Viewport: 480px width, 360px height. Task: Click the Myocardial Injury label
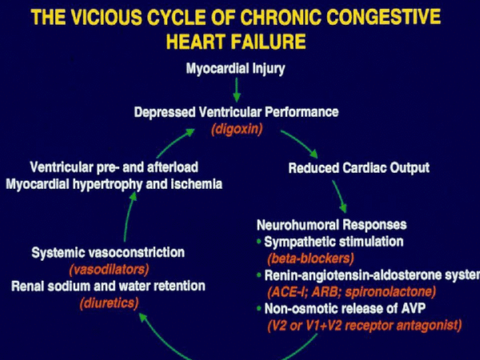tap(235, 69)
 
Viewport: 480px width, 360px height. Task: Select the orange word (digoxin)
tap(237, 129)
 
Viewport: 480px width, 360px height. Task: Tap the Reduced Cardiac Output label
tap(358, 168)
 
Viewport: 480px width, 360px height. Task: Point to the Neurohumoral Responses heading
tap(331, 225)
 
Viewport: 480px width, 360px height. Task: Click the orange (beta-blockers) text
tap(310, 258)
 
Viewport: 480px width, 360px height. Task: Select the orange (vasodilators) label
tap(110, 270)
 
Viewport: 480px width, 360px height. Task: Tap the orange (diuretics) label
tap(109, 303)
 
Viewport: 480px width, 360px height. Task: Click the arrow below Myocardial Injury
tap(236, 90)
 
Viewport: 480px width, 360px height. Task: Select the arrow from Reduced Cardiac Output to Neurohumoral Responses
tap(339, 196)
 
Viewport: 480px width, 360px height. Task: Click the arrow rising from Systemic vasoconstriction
tap(128, 216)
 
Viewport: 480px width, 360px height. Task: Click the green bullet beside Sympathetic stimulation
tap(259, 242)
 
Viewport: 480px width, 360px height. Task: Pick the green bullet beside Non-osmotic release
tap(259, 308)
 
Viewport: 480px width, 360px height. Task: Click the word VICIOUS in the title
tap(107, 17)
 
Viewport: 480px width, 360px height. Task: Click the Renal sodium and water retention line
tap(108, 286)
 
